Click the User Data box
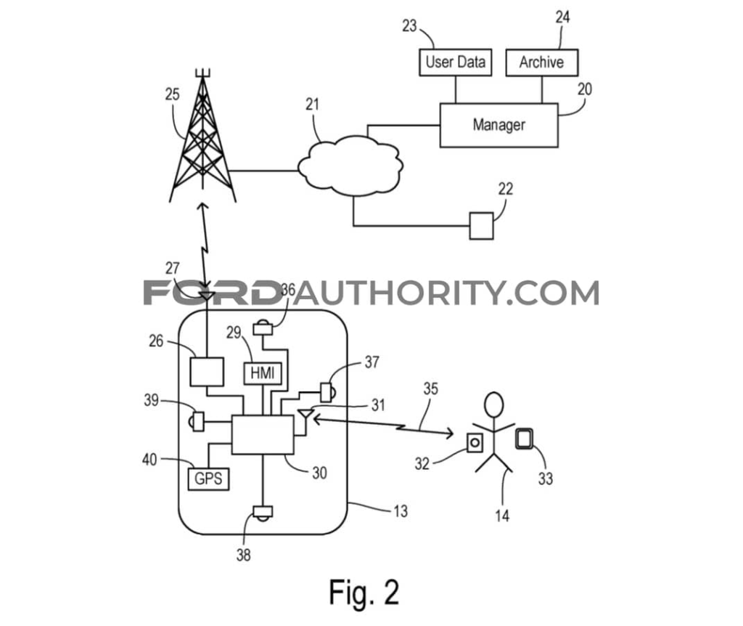[456, 62]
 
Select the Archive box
[541, 62]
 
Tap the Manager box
[499, 125]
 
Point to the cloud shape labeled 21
[350, 166]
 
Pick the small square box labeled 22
[482, 226]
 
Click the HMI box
[263, 373]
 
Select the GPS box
[208, 479]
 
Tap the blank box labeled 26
[207, 372]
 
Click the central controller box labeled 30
[263, 434]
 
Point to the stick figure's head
[493, 405]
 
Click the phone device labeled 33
[524, 439]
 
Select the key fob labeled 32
[475, 442]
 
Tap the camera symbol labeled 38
[263, 513]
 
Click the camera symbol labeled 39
[197, 421]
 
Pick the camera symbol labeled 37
[328, 392]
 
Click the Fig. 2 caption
[364, 593]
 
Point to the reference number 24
[562, 17]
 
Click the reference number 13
[401, 511]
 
